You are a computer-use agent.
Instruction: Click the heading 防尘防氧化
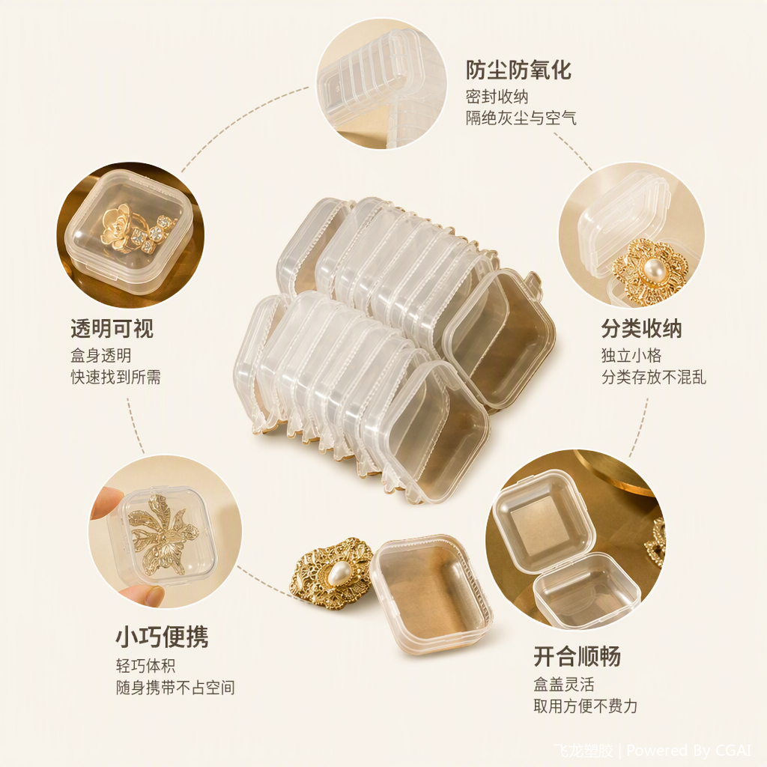point(518,70)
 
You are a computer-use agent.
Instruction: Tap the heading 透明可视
point(112,328)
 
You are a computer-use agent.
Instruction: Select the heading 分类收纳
point(641,328)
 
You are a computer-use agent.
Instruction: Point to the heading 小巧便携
point(162,637)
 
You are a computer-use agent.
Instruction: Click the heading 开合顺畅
point(577,656)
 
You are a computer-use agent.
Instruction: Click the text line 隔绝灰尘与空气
point(521,118)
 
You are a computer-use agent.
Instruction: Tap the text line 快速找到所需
point(115,378)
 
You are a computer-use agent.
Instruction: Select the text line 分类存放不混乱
point(653,378)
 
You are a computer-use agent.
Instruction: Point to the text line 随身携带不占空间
point(175,688)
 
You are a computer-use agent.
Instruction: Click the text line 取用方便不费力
point(586,706)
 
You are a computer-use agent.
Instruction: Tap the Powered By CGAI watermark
point(689,750)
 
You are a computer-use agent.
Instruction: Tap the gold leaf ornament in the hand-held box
point(162,533)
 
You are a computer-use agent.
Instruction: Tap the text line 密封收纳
point(497,97)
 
